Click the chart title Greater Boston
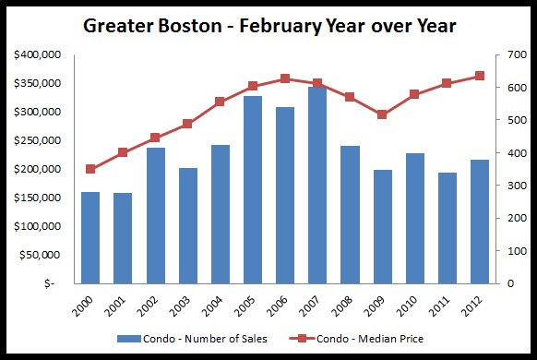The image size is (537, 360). point(268,25)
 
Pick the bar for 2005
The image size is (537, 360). point(252,189)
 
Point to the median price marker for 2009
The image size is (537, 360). point(382,114)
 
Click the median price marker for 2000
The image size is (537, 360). point(90,169)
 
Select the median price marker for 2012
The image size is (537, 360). point(480,76)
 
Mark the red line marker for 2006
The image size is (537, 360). point(285,78)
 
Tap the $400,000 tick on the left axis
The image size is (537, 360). point(38,55)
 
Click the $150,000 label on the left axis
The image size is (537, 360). point(38,198)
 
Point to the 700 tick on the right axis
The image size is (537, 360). point(511,55)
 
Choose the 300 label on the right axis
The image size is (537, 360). point(511,186)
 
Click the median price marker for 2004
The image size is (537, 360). point(220,102)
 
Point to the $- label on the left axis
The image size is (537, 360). point(51,283)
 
